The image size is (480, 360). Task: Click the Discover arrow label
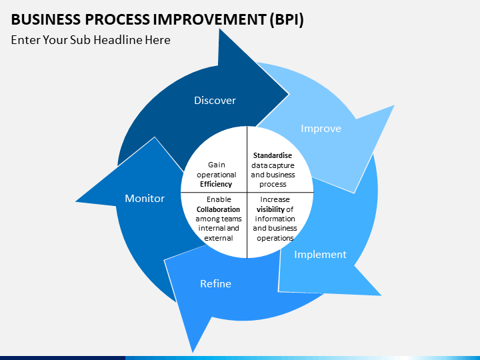215,101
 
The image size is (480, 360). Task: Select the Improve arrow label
321,129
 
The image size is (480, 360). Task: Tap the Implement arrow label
320,254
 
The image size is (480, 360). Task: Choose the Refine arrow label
215,284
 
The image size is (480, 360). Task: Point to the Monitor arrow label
145,199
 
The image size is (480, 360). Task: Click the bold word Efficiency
217,184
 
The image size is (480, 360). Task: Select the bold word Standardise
272,155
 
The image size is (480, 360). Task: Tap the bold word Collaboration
218,209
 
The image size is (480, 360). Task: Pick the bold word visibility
271,209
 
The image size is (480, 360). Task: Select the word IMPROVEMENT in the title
209,20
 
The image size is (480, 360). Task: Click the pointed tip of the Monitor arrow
76,201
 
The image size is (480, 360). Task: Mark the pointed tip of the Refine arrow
193,352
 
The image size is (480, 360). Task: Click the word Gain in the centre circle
217,165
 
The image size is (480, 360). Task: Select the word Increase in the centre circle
275,199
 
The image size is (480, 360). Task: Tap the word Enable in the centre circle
218,199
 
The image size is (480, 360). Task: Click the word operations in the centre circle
275,238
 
